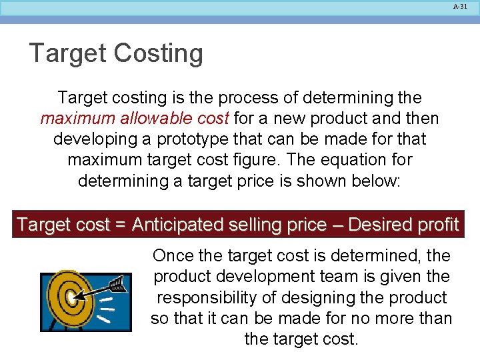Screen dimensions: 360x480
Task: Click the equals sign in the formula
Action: [120, 225]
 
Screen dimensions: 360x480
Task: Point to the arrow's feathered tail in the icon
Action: [117, 285]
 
